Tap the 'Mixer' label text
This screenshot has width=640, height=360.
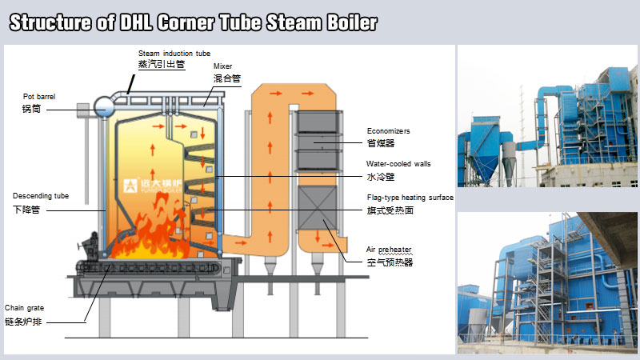click(x=224, y=66)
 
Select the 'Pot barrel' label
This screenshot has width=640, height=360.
click(x=39, y=96)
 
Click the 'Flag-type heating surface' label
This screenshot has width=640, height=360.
click(x=410, y=197)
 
